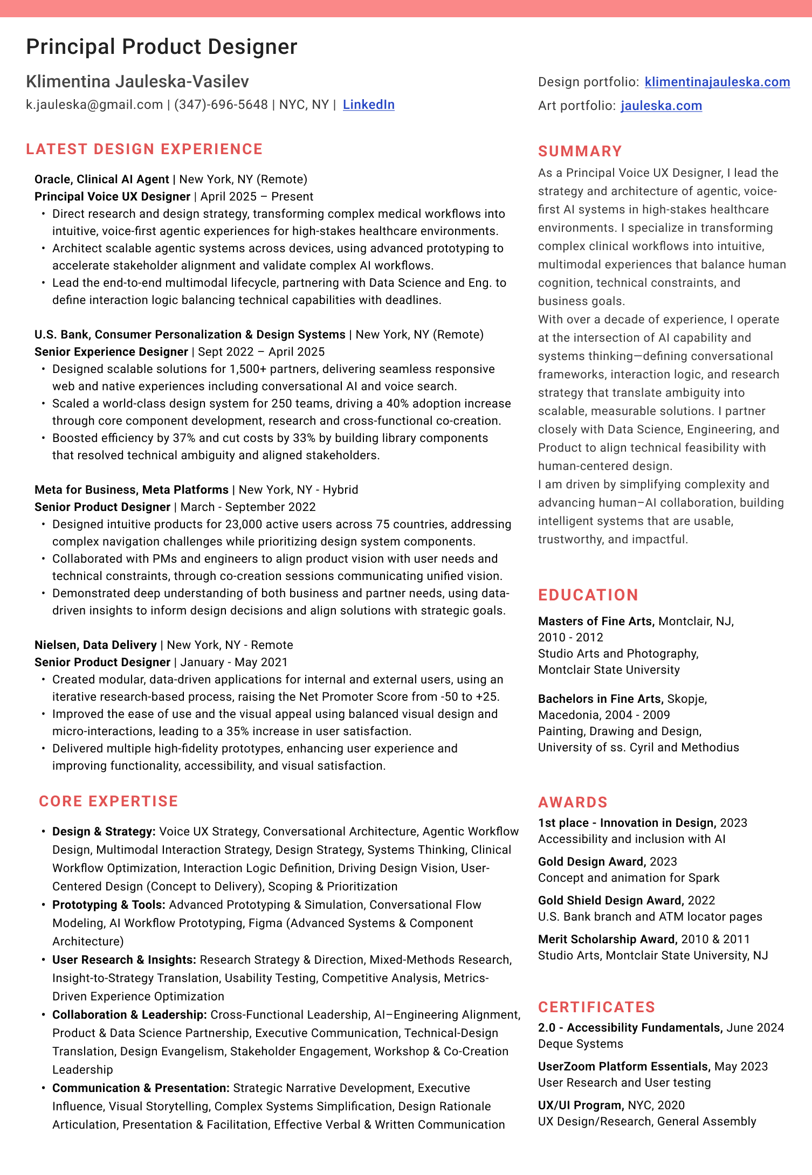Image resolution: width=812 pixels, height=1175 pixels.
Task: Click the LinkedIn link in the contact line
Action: [368, 105]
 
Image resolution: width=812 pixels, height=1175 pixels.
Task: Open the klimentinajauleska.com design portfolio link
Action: [717, 82]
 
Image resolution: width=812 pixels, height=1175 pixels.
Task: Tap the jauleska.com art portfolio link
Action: [661, 106]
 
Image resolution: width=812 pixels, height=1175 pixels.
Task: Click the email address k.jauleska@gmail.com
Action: [94, 105]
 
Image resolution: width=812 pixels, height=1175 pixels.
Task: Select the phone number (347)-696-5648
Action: [221, 105]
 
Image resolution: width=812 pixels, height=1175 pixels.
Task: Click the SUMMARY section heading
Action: [580, 151]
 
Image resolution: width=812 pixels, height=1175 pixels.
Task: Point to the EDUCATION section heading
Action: [588, 595]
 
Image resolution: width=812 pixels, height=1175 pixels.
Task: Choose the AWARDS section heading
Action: [573, 803]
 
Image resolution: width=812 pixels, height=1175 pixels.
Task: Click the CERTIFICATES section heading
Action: [597, 1007]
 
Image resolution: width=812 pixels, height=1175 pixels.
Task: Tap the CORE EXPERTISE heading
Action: [108, 801]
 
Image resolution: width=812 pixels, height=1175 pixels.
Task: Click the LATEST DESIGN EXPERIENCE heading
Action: [144, 149]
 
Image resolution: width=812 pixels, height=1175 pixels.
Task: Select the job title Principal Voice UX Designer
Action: [112, 197]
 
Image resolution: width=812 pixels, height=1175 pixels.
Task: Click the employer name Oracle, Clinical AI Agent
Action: [102, 179]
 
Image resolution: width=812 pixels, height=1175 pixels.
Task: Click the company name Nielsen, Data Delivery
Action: [95, 645]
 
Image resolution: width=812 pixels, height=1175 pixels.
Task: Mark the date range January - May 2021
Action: [234, 662]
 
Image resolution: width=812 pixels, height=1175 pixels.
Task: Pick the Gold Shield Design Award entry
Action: [610, 901]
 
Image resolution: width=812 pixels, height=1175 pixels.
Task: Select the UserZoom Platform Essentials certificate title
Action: [623, 1067]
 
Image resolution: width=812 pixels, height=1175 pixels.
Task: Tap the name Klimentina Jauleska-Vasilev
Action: [137, 81]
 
